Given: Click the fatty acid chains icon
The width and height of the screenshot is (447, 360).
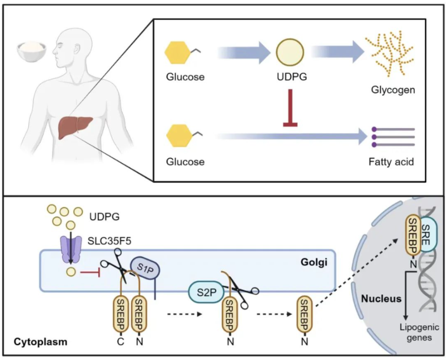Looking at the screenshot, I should click(393, 136).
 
